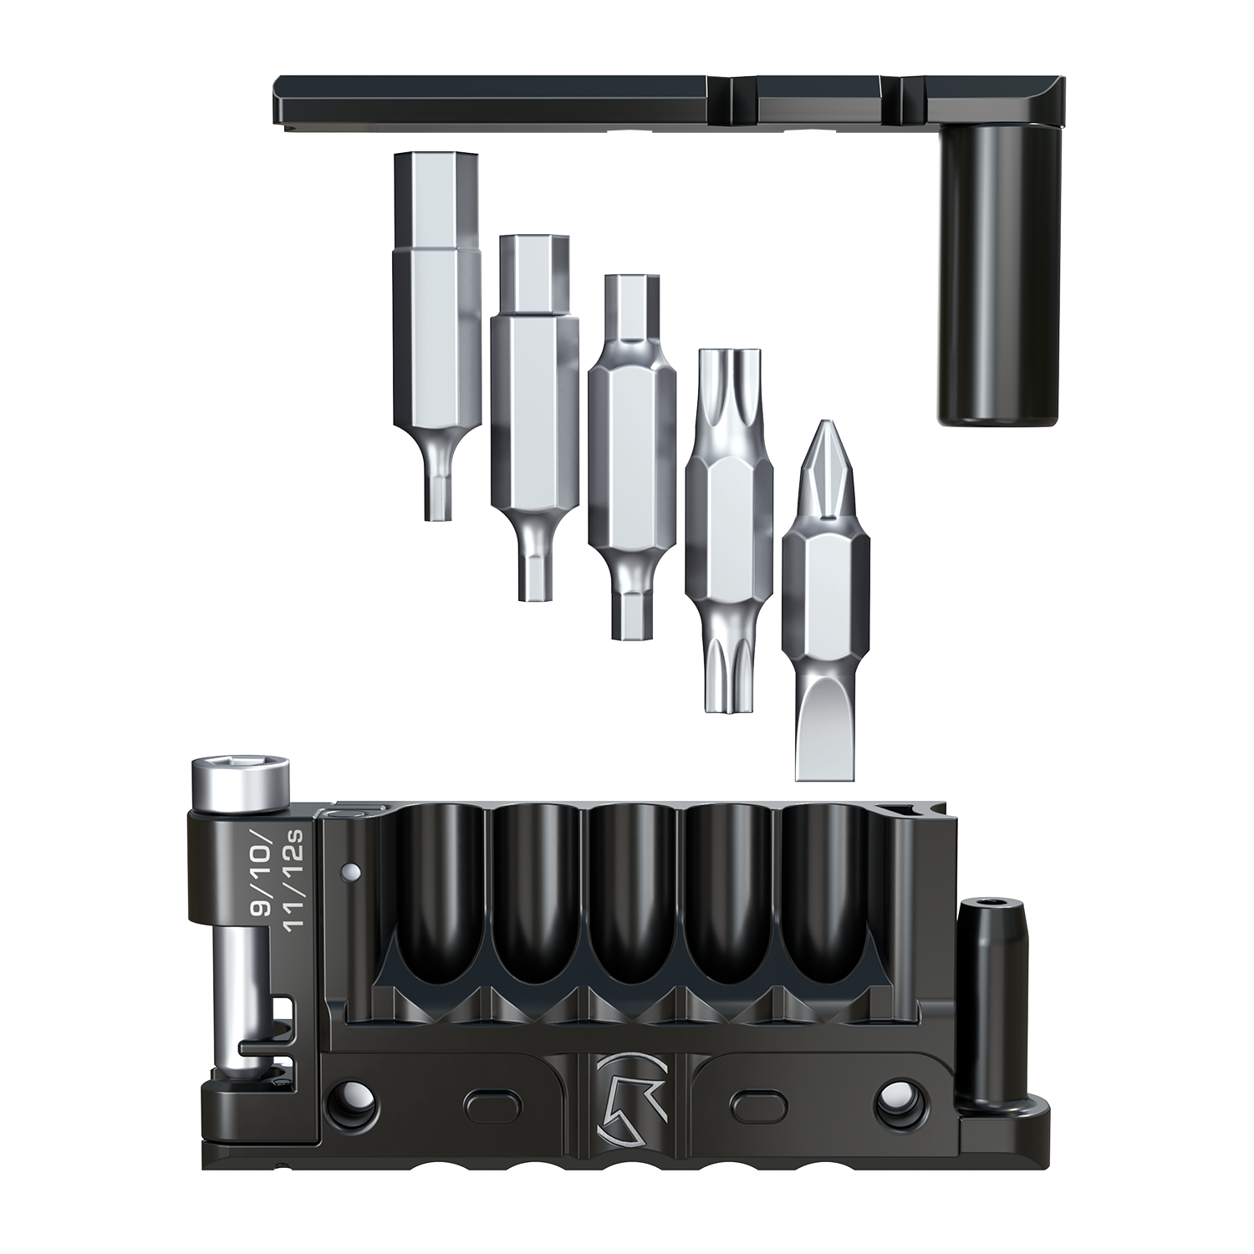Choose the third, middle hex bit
[x=632, y=456]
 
